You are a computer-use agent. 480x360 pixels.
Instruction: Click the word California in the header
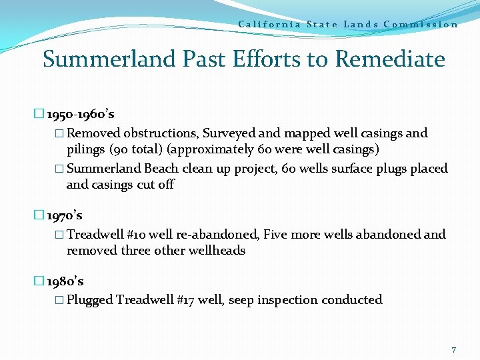coord(269,25)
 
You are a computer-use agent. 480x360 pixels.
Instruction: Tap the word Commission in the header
coord(421,25)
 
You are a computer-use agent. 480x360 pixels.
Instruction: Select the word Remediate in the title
coord(390,59)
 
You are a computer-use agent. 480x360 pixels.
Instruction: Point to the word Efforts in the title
coord(268,59)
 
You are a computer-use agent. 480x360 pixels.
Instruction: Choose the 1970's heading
coord(65,215)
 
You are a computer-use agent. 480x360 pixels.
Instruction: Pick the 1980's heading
coord(65,281)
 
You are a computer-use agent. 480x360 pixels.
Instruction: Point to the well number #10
coord(137,235)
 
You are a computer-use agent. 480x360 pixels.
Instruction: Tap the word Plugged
coord(91,300)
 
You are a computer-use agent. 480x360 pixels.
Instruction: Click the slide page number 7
coord(453,349)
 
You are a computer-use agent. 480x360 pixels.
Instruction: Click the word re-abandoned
coord(217,235)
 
